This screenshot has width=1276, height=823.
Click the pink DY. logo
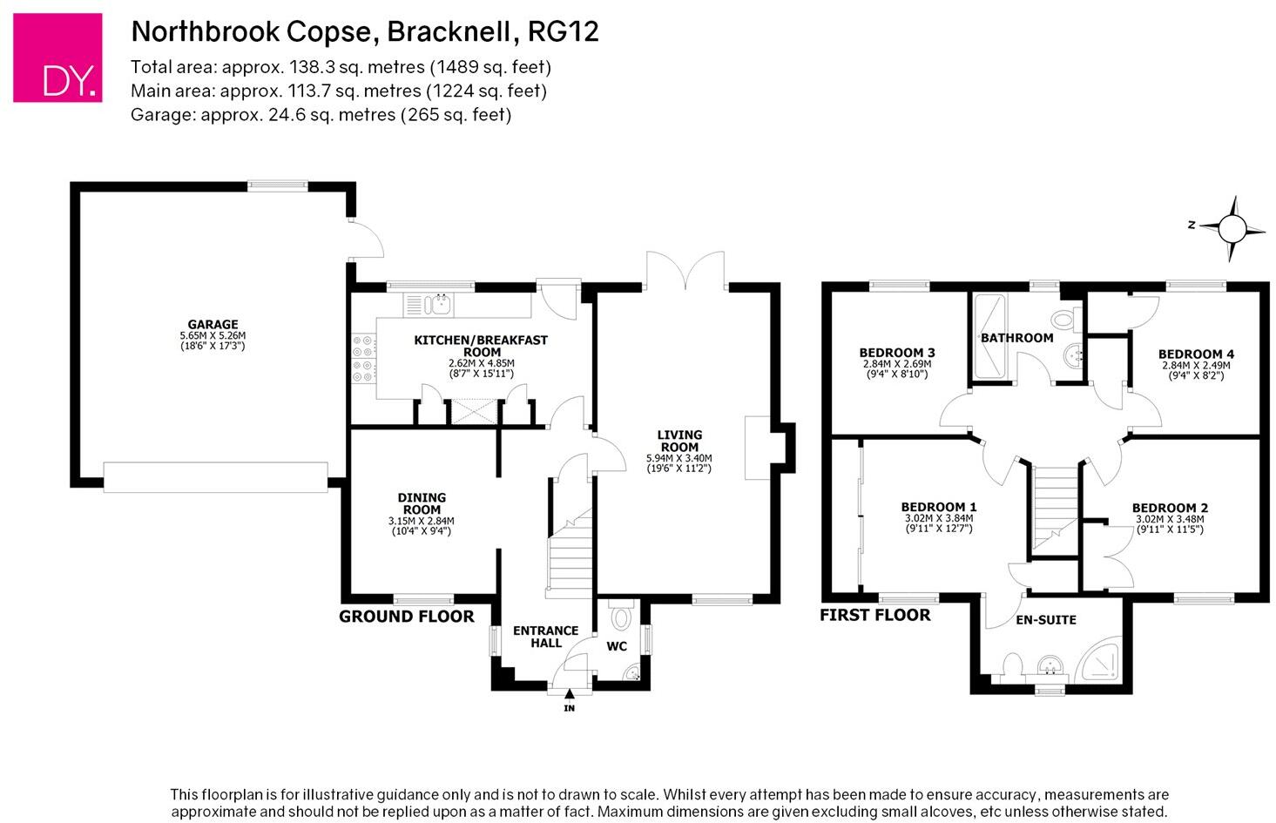coord(57,57)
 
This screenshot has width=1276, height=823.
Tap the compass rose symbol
coord(1231,228)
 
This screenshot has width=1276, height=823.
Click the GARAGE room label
coord(213,325)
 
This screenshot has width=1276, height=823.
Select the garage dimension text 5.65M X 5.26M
coord(213,335)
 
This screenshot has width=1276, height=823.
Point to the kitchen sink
coord(438,304)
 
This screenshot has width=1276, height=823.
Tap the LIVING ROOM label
coord(679,441)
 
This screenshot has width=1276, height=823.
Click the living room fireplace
coord(758,448)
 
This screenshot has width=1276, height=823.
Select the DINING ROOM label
coord(422,503)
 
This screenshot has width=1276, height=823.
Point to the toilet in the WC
coord(621,617)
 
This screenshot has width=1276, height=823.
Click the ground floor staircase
coord(570,557)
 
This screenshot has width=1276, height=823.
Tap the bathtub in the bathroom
coord(989,336)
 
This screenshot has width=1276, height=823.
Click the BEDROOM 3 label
coord(897,353)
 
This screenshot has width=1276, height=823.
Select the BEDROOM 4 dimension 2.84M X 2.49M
coord(1196,365)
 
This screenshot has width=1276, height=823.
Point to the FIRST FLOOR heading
coord(874,615)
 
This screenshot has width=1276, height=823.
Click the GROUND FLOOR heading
coord(406,617)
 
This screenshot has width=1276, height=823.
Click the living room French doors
coord(686,272)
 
